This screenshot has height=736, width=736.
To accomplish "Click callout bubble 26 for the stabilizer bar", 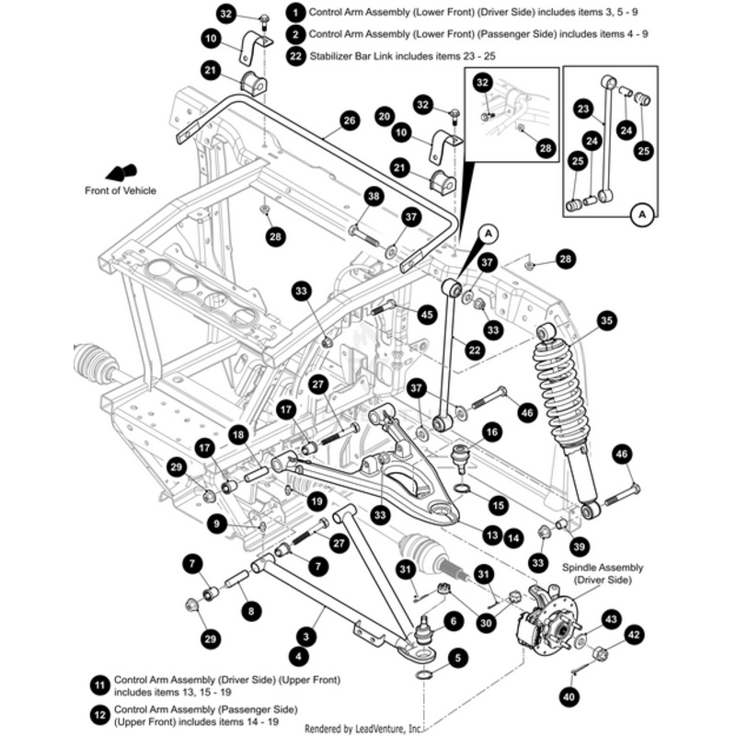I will click(348, 121).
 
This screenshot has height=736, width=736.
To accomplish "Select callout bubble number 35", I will click(606, 320).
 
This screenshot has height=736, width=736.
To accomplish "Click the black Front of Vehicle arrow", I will click(121, 172).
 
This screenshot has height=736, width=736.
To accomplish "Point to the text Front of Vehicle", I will click(120, 190).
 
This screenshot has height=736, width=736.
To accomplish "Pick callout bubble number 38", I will click(374, 196).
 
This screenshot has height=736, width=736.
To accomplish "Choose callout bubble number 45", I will click(426, 315).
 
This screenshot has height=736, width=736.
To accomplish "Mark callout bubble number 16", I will click(490, 431).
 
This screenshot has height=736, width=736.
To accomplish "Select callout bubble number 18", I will click(237, 434).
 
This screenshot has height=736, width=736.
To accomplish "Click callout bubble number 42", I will click(634, 634).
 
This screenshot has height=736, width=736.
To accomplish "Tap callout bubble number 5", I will click(457, 658).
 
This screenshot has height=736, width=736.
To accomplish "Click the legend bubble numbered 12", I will click(99, 712).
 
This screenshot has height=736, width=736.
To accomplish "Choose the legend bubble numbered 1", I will click(295, 13).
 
